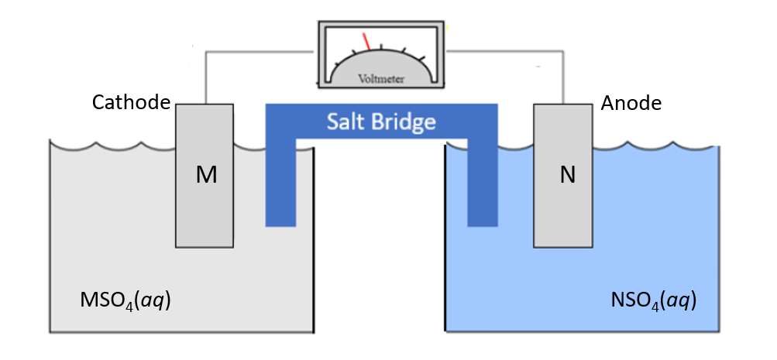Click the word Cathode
click(131, 103)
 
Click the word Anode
click(631, 103)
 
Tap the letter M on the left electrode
click(205, 176)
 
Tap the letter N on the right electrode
click(567, 176)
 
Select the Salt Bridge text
click(380, 122)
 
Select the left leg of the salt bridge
click(280, 186)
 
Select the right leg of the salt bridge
click(482, 186)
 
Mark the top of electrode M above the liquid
click(205, 120)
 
